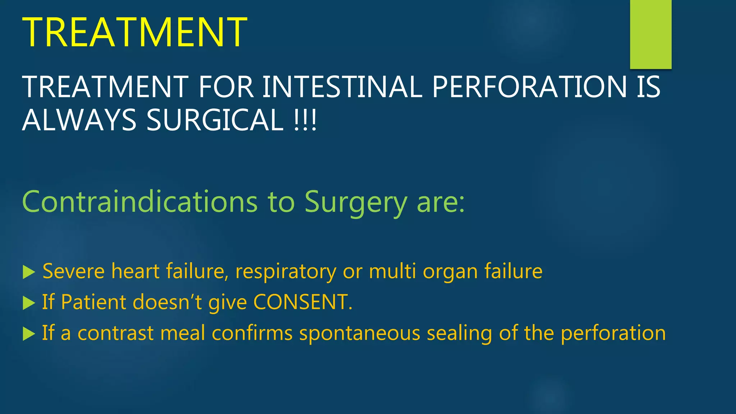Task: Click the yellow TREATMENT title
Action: click(x=134, y=32)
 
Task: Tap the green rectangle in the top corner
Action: click(x=650, y=34)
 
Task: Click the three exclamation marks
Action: click(x=305, y=120)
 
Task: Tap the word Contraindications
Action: click(x=140, y=202)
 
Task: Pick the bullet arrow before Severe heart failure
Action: click(x=29, y=272)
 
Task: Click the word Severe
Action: click(x=74, y=271)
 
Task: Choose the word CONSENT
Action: click(x=301, y=302)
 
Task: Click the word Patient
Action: click(x=94, y=302)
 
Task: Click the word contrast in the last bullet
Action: click(x=115, y=333)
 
